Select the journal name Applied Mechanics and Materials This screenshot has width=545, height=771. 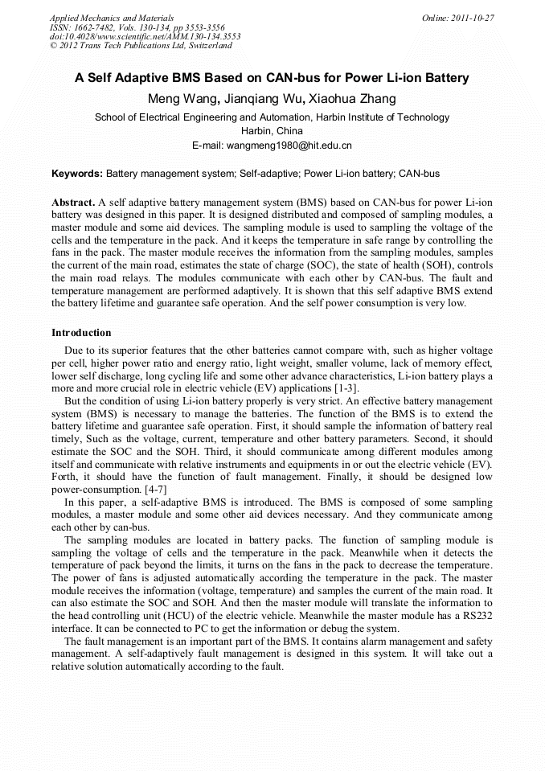111,18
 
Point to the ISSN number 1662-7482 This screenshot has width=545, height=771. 94,27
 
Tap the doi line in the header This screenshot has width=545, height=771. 145,36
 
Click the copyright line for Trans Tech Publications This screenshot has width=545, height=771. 141,46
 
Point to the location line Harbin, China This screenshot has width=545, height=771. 272,131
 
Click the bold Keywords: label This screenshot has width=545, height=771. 77,173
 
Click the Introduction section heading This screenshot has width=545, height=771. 81,332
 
